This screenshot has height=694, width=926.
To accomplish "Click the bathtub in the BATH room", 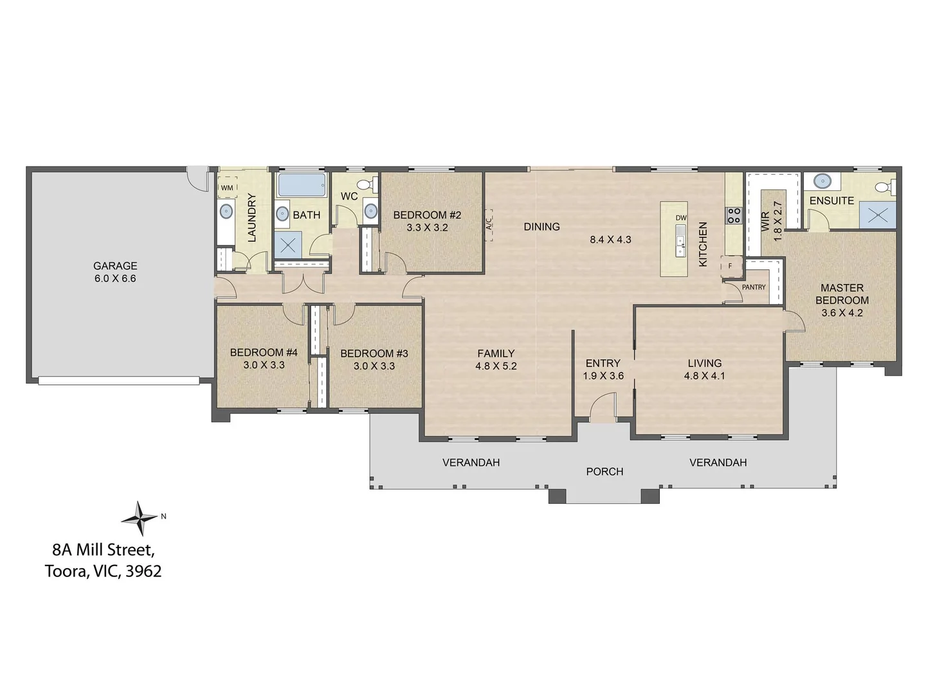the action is pyautogui.click(x=302, y=185).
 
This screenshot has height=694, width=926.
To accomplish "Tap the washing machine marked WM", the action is pyautogui.click(x=227, y=187).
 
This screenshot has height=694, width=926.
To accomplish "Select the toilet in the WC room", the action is pyautogui.click(x=368, y=184).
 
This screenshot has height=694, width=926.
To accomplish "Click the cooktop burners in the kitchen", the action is pyautogui.click(x=733, y=215).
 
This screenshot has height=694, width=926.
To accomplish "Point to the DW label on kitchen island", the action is pyautogui.click(x=680, y=218).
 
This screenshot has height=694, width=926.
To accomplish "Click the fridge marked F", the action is pyautogui.click(x=731, y=266).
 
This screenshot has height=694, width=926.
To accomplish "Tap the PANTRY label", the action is pyautogui.click(x=754, y=287).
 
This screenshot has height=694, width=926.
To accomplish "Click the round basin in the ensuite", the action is pyautogui.click(x=821, y=182).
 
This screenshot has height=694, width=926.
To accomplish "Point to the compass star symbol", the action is pyautogui.click(x=139, y=519).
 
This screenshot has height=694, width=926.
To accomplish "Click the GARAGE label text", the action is pyautogui.click(x=115, y=266).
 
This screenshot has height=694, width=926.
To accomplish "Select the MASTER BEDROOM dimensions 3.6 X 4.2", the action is pyautogui.click(x=842, y=313).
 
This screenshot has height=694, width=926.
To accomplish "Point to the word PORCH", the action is pyautogui.click(x=604, y=472).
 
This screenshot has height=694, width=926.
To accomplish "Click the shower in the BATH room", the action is pyautogui.click(x=288, y=245).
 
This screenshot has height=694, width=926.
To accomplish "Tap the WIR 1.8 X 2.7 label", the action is pyautogui.click(x=772, y=221).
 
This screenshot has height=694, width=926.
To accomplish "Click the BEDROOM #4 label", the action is pyautogui.click(x=264, y=352).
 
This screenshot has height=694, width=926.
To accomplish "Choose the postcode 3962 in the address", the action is pyautogui.click(x=143, y=571).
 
